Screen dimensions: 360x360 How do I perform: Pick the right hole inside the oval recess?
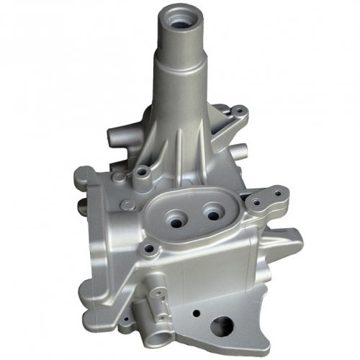pyautogui.click(x=212, y=212)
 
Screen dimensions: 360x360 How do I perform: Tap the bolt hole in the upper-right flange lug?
pyautogui.click(x=237, y=113)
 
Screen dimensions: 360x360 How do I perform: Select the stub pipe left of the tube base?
pyautogui.click(x=117, y=135)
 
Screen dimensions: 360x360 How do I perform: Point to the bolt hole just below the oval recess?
pyautogui.click(x=150, y=249)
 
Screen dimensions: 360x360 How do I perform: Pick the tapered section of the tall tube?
pyautogui.click(x=176, y=108)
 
